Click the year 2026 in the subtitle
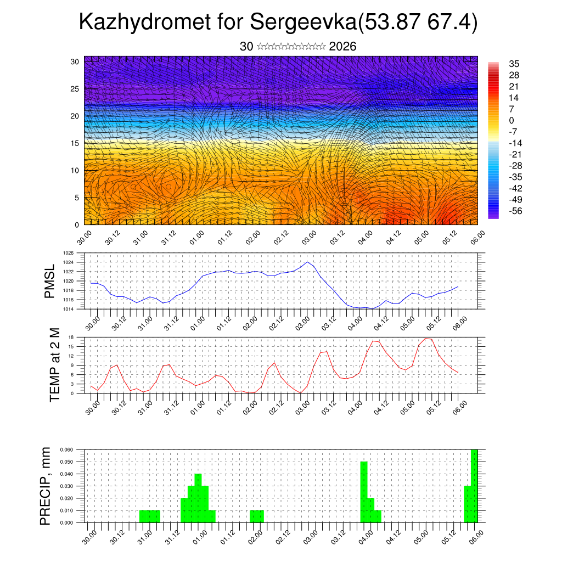[x=342, y=47]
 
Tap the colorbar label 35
[x=514, y=64]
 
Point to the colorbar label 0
[x=512, y=120]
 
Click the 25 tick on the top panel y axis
[x=75, y=88]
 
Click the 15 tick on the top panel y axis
[x=75, y=143]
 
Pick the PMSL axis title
[x=49, y=282]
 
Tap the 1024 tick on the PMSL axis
[x=68, y=262]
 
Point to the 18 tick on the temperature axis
[x=71, y=337]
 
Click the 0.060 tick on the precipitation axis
[x=66, y=449]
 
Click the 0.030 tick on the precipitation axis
[x=66, y=486]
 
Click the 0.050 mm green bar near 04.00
[x=364, y=492]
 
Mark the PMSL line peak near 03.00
[x=307, y=262]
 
